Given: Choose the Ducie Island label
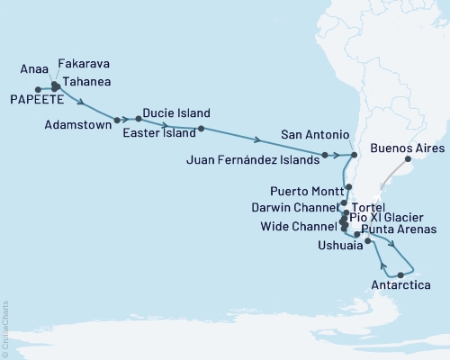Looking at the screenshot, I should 176,113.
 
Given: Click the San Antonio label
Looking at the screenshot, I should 315,135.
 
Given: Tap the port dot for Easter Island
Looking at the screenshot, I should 201,129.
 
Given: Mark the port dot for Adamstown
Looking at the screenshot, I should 118,119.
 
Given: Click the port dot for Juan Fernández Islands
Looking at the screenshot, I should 325,156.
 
